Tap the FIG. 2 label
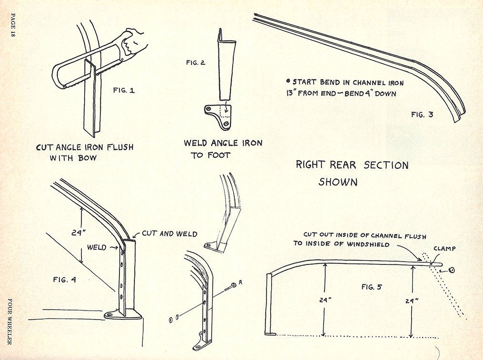pos(196,62)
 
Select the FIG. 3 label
pos(422,114)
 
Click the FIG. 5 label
pos(372,287)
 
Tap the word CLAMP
pos(445,248)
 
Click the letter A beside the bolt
pos(241,282)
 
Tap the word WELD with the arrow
pos(97,247)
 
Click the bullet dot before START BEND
pos(288,81)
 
